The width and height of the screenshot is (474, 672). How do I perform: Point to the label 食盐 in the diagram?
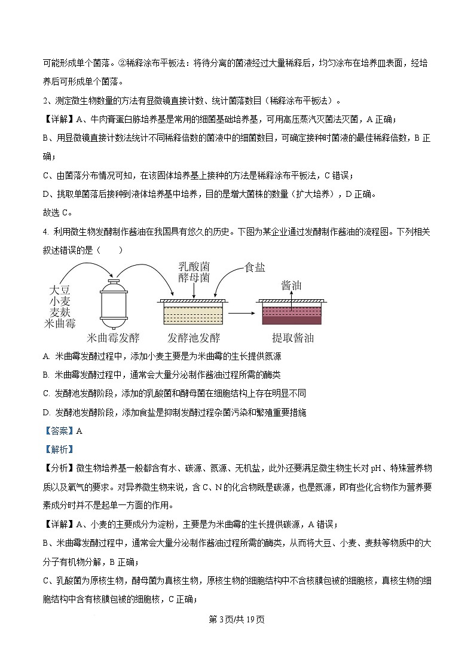click(255, 267)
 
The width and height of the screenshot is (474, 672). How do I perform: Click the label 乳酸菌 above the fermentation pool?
click(194, 266)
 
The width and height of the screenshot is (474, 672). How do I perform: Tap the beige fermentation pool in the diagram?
click(192, 314)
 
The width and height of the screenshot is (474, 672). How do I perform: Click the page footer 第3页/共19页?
click(237, 619)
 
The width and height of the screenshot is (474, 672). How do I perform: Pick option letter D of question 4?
click(46, 412)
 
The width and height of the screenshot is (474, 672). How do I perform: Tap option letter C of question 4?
click(46, 393)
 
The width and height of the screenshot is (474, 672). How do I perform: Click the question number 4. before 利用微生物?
click(47, 231)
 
